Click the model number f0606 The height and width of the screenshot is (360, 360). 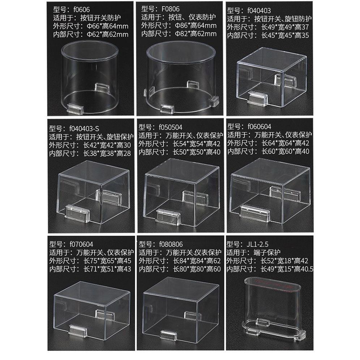point(81,10)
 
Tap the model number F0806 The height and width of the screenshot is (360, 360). point(171,9)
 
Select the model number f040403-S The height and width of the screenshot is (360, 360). point(84,129)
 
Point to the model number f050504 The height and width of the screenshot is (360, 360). point(171,127)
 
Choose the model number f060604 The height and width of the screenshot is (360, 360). point(260,127)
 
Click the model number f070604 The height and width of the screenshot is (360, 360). point(81,244)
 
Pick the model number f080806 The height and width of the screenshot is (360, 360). point(171,244)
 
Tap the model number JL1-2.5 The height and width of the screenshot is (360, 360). point(257,244)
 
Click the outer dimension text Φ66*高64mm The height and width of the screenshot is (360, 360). point(107,26)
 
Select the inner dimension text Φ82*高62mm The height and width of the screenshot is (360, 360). point(196,34)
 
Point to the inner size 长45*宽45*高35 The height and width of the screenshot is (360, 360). point(285,35)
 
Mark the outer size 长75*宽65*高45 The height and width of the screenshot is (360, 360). point(107,261)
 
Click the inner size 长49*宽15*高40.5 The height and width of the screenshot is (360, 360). point(287,269)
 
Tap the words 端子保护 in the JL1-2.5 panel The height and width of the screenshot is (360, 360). point(267,253)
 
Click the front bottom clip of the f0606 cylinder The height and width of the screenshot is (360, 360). point(75,108)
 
